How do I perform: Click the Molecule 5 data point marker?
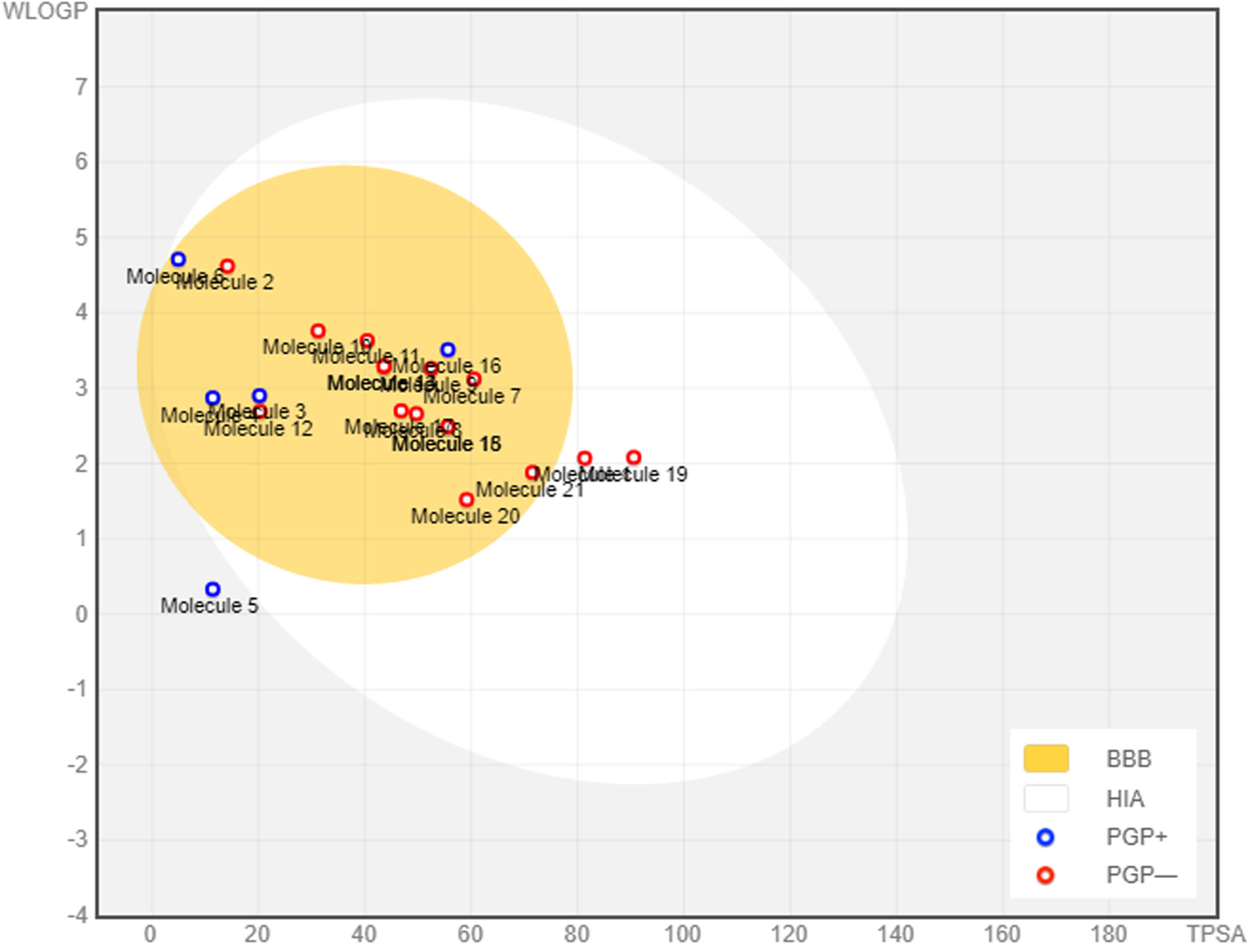click(x=212, y=589)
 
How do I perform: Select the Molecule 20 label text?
click(x=465, y=516)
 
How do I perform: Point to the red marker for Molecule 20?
click(x=466, y=500)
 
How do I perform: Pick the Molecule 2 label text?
click(x=226, y=282)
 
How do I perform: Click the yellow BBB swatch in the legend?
click(x=1045, y=759)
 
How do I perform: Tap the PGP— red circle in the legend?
click(x=1045, y=876)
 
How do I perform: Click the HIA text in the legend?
click(x=1125, y=799)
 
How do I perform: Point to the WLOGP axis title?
click(x=45, y=11)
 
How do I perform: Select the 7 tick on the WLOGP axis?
click(x=81, y=87)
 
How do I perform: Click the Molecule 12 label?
click(x=258, y=429)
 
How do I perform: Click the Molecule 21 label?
click(x=530, y=490)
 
